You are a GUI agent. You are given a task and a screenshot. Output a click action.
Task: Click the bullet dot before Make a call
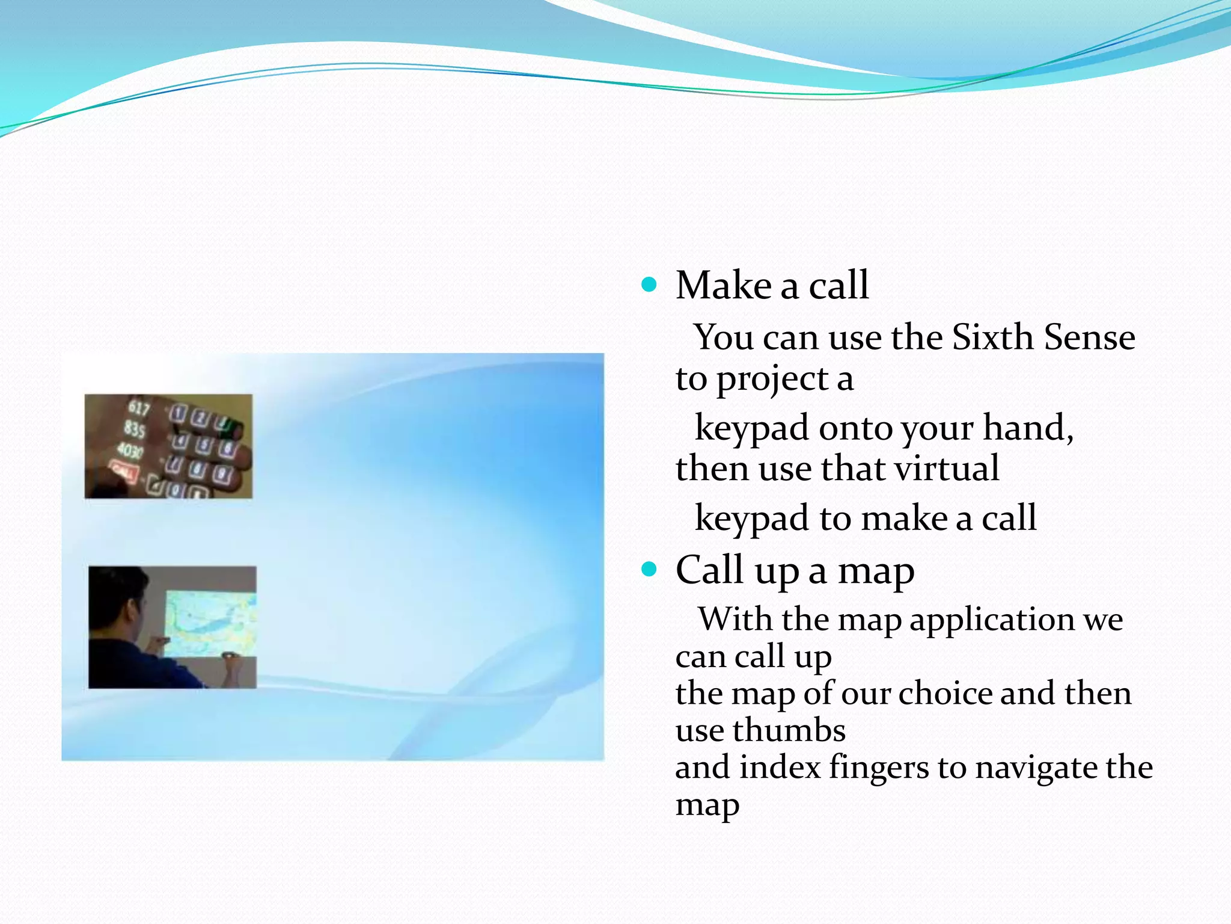tap(649, 285)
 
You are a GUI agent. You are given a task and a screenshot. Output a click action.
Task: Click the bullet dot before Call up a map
tap(649, 569)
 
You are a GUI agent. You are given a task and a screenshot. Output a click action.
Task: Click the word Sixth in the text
tap(991, 337)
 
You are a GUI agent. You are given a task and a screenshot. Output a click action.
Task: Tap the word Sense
tap(1089, 337)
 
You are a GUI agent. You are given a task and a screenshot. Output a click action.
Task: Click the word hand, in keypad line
tap(1028, 428)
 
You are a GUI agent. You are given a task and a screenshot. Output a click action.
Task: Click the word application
tap(992, 620)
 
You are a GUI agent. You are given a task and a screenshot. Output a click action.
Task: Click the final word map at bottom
tap(707, 805)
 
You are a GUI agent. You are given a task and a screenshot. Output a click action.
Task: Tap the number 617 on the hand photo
tap(138, 408)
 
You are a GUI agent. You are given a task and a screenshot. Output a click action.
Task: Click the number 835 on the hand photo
tap(135, 429)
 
